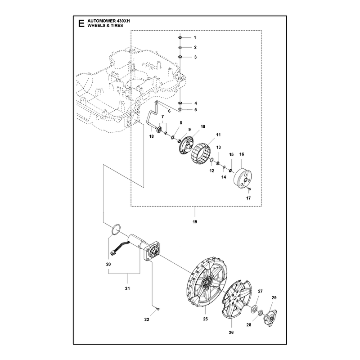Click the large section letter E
coord(81,23)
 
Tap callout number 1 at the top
coord(195,38)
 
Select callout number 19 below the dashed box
coord(195,222)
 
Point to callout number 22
coord(147,319)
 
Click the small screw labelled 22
coord(158,309)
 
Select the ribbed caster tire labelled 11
coord(201,154)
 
